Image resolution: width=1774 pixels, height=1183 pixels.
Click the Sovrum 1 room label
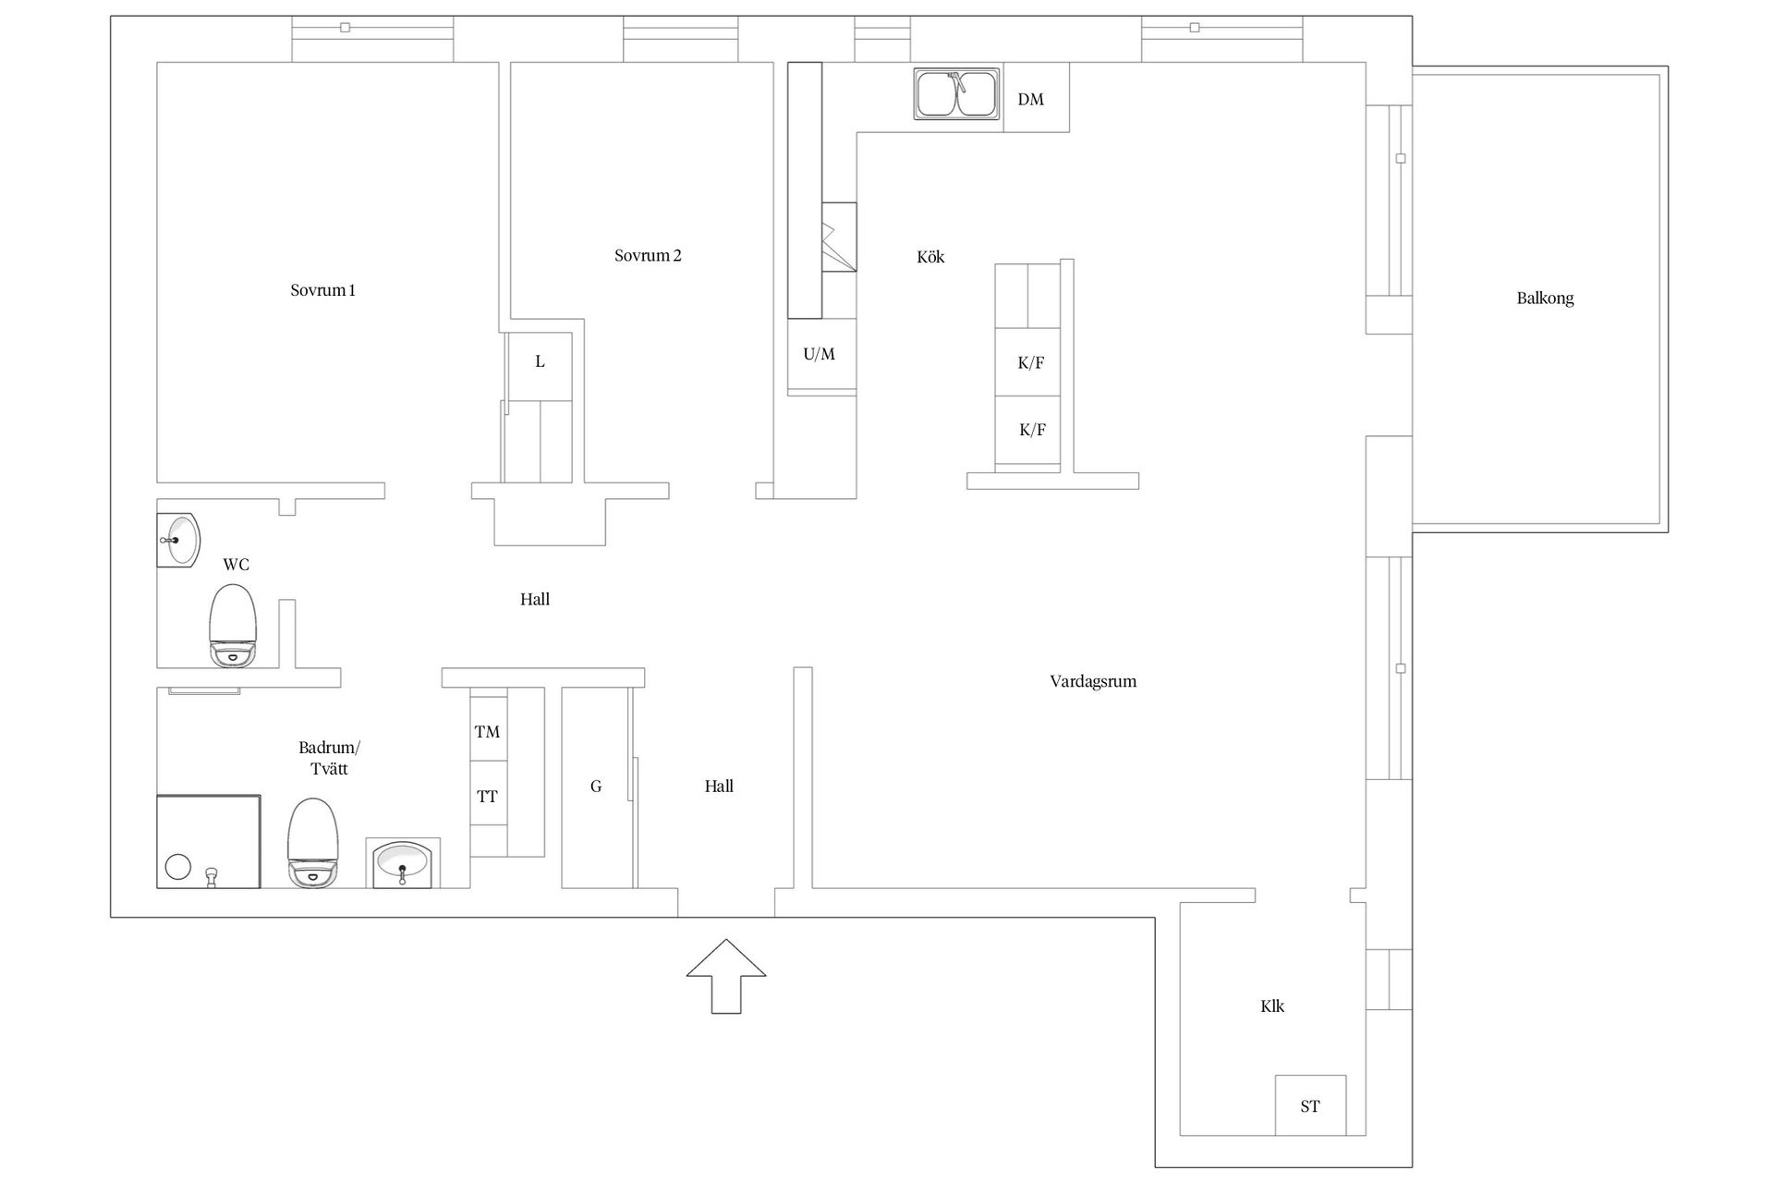tap(322, 290)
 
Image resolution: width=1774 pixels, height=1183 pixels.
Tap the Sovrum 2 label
tap(648, 256)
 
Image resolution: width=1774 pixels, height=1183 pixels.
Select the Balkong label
tap(1545, 299)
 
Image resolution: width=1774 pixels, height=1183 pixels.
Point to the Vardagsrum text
tap(1093, 682)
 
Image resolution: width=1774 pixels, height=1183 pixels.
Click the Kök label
tap(930, 257)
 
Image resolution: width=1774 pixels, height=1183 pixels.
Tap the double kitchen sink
tap(957, 94)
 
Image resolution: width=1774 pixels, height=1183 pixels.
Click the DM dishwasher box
tap(1037, 98)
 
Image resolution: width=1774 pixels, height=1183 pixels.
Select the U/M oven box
tap(821, 355)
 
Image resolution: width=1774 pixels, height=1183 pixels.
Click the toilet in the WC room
tap(233, 626)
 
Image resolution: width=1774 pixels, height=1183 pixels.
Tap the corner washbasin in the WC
tap(176, 540)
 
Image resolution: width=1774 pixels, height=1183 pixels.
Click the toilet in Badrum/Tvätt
tap(313, 843)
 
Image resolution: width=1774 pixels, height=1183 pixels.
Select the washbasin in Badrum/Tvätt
tap(403, 863)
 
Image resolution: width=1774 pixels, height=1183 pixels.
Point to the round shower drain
tap(178, 867)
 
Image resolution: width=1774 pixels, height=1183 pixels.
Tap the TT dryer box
tap(489, 795)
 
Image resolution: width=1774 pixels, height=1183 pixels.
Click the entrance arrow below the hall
tap(726, 976)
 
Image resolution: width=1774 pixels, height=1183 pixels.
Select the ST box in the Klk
tap(1310, 1105)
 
